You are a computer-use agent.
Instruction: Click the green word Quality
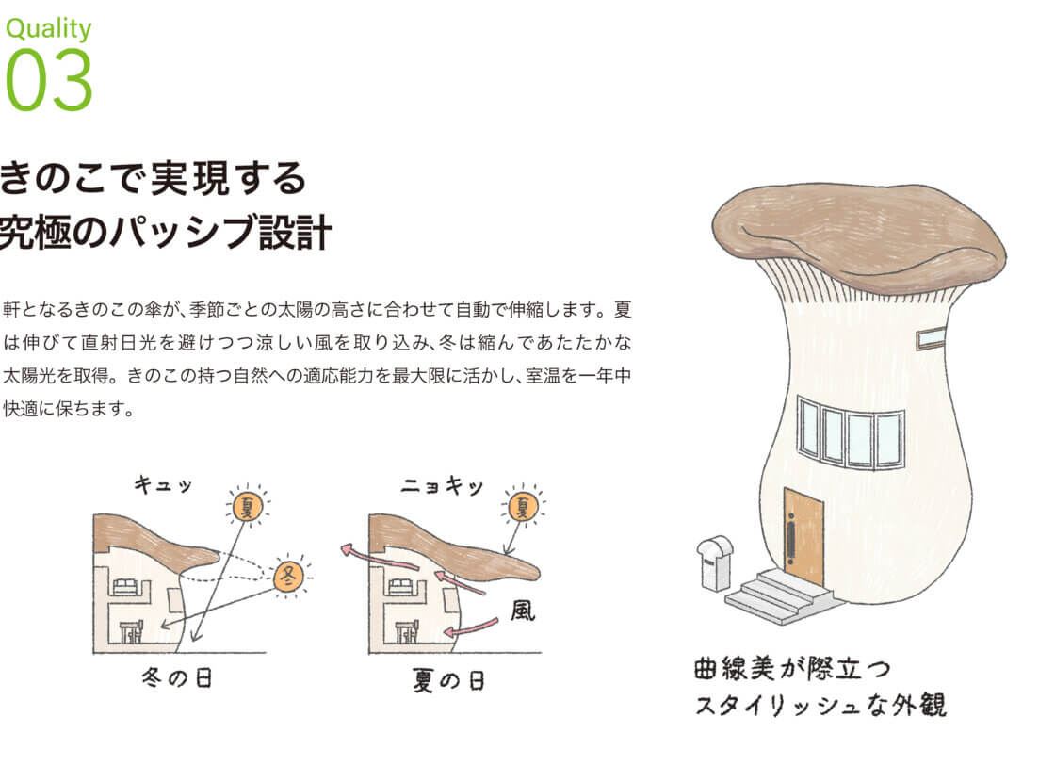tap(48, 29)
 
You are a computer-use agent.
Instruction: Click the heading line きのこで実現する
tap(154, 178)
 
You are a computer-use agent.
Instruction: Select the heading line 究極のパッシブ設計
tap(166, 232)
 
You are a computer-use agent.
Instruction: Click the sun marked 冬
tap(288, 576)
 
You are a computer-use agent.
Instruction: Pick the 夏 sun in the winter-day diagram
tap(248, 505)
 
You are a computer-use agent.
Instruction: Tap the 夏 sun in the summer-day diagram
tap(524, 505)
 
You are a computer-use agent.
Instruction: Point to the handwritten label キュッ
tap(163, 484)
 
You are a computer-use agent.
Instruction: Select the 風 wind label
tap(523, 611)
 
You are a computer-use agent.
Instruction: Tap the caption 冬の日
tap(177, 677)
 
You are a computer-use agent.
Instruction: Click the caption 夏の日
tap(448, 679)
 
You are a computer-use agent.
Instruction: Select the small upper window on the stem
tap(932, 336)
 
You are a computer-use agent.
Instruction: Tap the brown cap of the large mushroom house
tap(859, 236)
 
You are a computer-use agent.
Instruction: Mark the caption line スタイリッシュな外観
tap(820, 706)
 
